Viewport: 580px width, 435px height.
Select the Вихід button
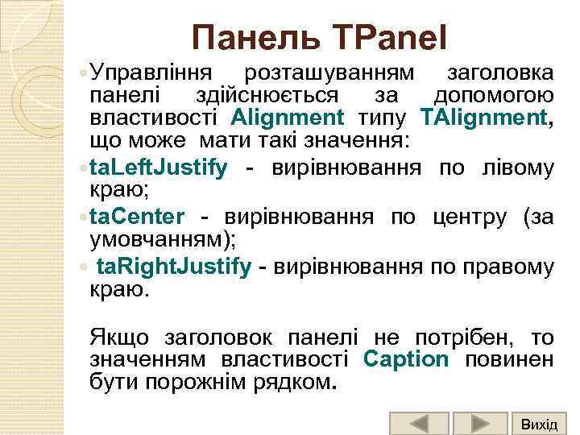tap(538, 424)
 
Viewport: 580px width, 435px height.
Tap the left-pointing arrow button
tap(419, 424)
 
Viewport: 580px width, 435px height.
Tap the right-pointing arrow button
tap(479, 424)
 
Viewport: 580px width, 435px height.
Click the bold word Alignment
tap(287, 118)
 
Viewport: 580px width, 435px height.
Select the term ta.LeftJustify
tap(158, 168)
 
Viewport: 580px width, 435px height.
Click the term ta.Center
tap(137, 217)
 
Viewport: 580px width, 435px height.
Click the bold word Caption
tap(406, 358)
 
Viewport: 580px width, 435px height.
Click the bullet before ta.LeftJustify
tap(84, 169)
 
